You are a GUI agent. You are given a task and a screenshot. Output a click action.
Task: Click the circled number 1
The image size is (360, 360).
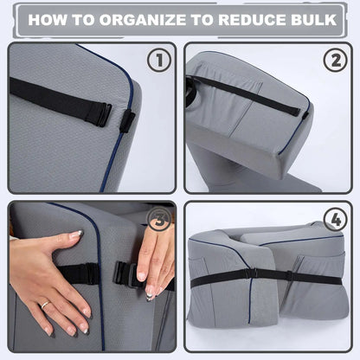(158, 61)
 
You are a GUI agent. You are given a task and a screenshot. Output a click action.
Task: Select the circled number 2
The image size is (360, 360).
(335, 61)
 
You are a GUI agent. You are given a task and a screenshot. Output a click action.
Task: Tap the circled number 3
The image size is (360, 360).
(157, 222)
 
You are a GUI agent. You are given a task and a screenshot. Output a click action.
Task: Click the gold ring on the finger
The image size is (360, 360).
(44, 305)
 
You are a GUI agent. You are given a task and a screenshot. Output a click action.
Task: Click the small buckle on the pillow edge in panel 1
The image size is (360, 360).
(126, 121)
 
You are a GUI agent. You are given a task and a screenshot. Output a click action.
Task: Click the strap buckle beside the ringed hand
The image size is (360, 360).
(87, 274)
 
